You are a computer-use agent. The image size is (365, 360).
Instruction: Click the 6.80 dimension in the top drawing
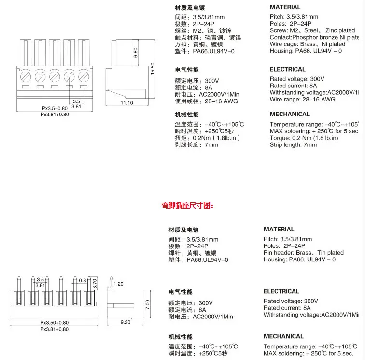pos(136,52)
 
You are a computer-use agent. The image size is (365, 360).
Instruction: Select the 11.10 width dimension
pos(126,103)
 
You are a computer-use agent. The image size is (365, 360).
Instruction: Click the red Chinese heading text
pos(187,205)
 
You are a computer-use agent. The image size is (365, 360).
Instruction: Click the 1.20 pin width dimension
pos(119,284)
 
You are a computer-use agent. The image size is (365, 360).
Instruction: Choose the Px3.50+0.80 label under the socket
pos(55,323)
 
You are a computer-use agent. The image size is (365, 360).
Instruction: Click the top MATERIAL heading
pos(285,7)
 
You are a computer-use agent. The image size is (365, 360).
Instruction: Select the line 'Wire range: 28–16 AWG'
pos(302,99)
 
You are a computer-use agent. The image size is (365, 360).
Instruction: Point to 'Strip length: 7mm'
pos(293,145)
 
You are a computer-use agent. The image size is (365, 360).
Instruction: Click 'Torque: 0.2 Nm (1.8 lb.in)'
pos(304,138)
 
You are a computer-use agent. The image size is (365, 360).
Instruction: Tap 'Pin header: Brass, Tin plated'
pos(304,253)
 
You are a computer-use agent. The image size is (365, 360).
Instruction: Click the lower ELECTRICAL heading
pos(281,291)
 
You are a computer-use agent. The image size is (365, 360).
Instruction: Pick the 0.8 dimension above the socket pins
pos(83,280)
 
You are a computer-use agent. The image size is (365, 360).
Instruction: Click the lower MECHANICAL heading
pos(283,336)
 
